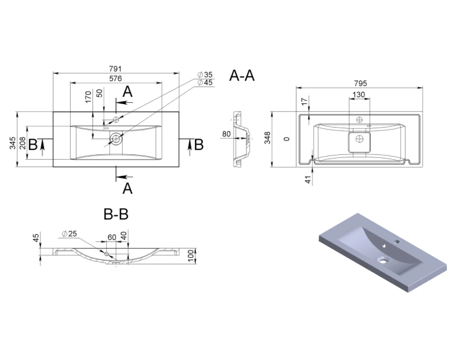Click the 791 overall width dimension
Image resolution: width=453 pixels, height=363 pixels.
coord(115,69)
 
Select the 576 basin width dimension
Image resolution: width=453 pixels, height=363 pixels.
coord(115,79)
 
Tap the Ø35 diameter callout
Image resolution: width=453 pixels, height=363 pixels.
coord(205,74)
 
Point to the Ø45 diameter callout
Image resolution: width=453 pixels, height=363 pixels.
coord(205,82)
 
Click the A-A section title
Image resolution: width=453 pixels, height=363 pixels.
coord(242,76)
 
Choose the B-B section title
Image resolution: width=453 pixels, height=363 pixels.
coord(116,215)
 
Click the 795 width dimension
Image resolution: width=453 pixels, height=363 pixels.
coord(360,83)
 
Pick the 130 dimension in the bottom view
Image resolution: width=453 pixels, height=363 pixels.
coord(359,94)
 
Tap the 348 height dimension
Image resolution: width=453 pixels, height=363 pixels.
coord(268,137)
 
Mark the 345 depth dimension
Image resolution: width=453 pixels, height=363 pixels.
coord(13,143)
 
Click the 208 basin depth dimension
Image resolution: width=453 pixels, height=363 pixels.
coord(22,143)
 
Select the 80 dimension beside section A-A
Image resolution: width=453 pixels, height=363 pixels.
coord(226,134)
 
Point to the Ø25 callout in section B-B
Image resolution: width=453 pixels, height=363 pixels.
coord(69,234)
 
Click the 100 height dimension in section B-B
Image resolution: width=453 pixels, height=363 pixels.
coord(191,256)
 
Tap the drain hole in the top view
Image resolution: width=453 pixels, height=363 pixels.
coord(116,139)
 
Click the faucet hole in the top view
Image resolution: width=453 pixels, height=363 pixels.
coord(116,119)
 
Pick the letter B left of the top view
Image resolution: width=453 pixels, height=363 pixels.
coord(33,145)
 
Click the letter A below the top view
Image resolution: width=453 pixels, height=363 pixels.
coord(127,189)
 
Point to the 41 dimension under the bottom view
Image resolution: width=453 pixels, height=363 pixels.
coord(308,180)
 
